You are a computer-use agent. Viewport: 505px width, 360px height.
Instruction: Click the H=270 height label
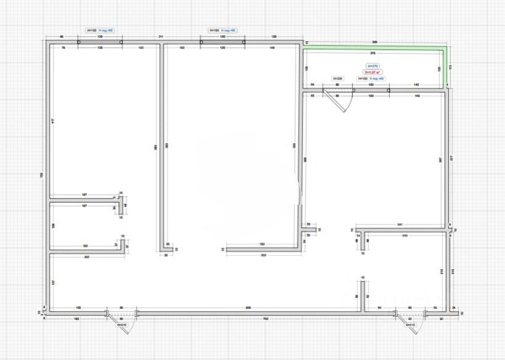tap(373, 66)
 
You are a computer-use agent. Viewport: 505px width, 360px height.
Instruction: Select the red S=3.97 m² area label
tap(373, 72)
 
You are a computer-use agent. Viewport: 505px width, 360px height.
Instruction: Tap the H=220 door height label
tap(337, 79)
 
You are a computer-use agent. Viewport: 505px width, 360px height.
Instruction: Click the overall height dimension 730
tap(41, 175)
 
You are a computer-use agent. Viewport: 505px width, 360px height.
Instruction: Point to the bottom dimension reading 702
tap(265, 319)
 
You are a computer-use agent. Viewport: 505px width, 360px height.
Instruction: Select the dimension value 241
tap(399, 224)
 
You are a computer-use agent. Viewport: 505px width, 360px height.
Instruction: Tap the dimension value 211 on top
tap(161, 38)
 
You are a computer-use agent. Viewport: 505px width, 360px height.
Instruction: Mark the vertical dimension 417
tap(52, 120)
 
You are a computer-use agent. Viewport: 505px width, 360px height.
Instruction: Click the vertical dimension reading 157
tap(53, 282)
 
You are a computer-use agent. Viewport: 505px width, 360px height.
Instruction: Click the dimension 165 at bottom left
tap(76, 319)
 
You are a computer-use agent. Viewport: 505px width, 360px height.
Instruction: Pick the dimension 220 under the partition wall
tap(405, 236)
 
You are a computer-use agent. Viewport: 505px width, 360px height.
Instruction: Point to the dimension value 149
tap(417, 96)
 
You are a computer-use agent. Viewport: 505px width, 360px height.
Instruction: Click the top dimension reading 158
tap(273, 38)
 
